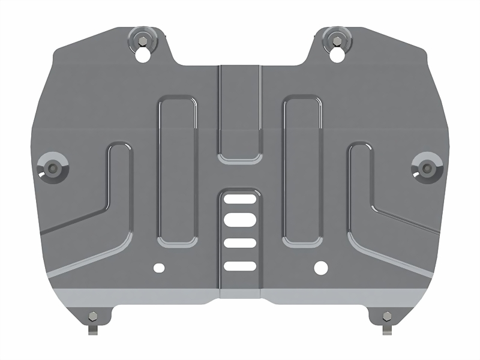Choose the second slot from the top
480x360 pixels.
pyautogui.click(x=240, y=219)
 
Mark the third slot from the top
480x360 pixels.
pyautogui.click(x=240, y=243)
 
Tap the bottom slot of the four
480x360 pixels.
pyautogui.click(x=240, y=266)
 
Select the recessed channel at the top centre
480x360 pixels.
pyautogui.click(x=240, y=111)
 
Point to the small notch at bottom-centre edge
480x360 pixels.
pyautogui.click(x=240, y=293)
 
